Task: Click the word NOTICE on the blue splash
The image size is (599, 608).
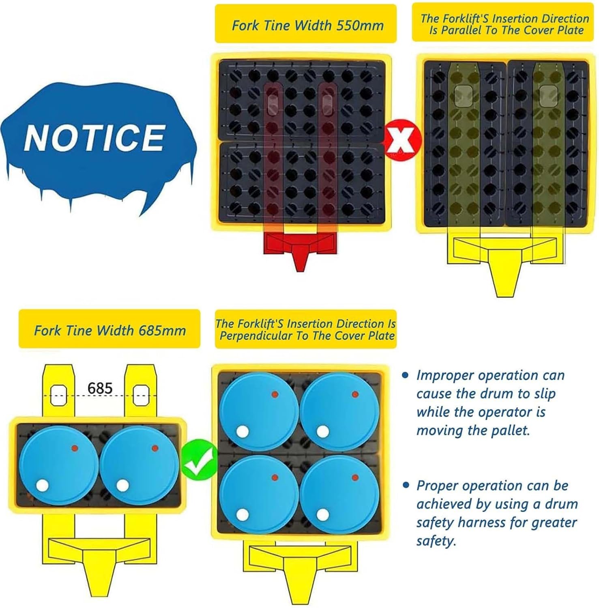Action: (x=94, y=137)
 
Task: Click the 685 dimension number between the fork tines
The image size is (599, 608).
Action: (x=100, y=388)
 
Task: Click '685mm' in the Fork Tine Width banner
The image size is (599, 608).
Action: (x=162, y=330)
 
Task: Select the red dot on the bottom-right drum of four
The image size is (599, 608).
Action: (x=355, y=477)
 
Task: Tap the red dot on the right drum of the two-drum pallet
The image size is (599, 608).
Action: (x=155, y=448)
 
